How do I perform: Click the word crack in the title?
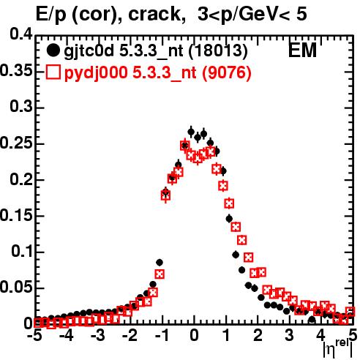point(154,14)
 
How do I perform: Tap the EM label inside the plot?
point(302,50)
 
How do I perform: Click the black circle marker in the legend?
point(53,50)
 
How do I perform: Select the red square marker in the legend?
point(53,72)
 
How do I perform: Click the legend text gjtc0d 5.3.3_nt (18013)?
point(156,51)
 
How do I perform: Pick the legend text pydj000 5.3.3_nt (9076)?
point(158,73)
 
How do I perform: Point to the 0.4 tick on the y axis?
point(21,34)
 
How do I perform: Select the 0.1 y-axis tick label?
point(22,251)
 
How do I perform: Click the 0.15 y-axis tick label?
point(16,215)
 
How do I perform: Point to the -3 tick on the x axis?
point(98,335)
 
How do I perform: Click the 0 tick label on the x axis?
point(194,335)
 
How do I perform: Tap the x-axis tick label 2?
point(258,335)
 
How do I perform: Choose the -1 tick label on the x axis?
point(162,335)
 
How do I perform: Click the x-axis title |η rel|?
point(338,349)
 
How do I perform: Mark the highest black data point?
point(191,132)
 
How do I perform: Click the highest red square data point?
point(185,146)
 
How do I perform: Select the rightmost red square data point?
point(350,312)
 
